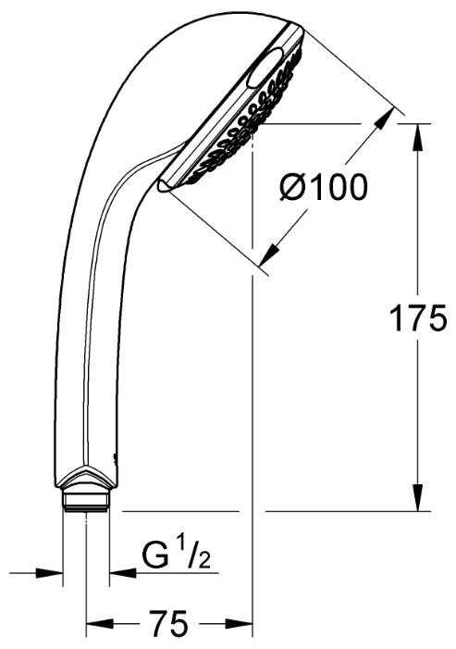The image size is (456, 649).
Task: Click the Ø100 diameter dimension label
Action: click(x=323, y=187)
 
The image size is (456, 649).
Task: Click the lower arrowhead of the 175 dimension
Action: click(x=417, y=501)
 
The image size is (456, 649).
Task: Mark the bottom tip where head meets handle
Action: click(x=161, y=186)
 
